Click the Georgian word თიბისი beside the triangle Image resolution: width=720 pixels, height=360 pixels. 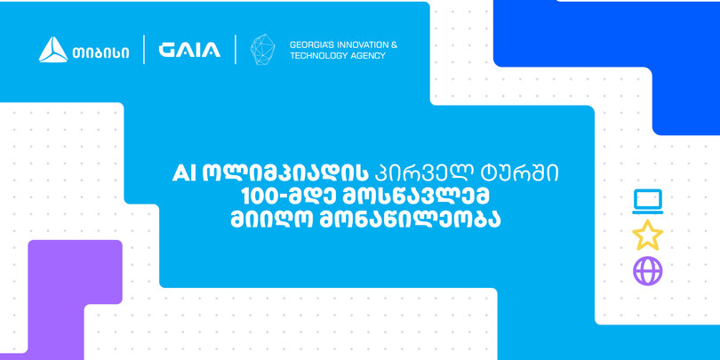pos(100,52)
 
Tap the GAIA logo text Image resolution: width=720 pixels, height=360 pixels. pos(189,50)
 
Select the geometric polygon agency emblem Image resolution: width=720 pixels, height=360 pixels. pos(262,49)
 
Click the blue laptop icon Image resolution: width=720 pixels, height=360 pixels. pos(647,202)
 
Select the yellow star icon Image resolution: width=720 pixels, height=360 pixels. pos(647,235)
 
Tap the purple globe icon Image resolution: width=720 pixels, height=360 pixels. pos(647,271)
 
